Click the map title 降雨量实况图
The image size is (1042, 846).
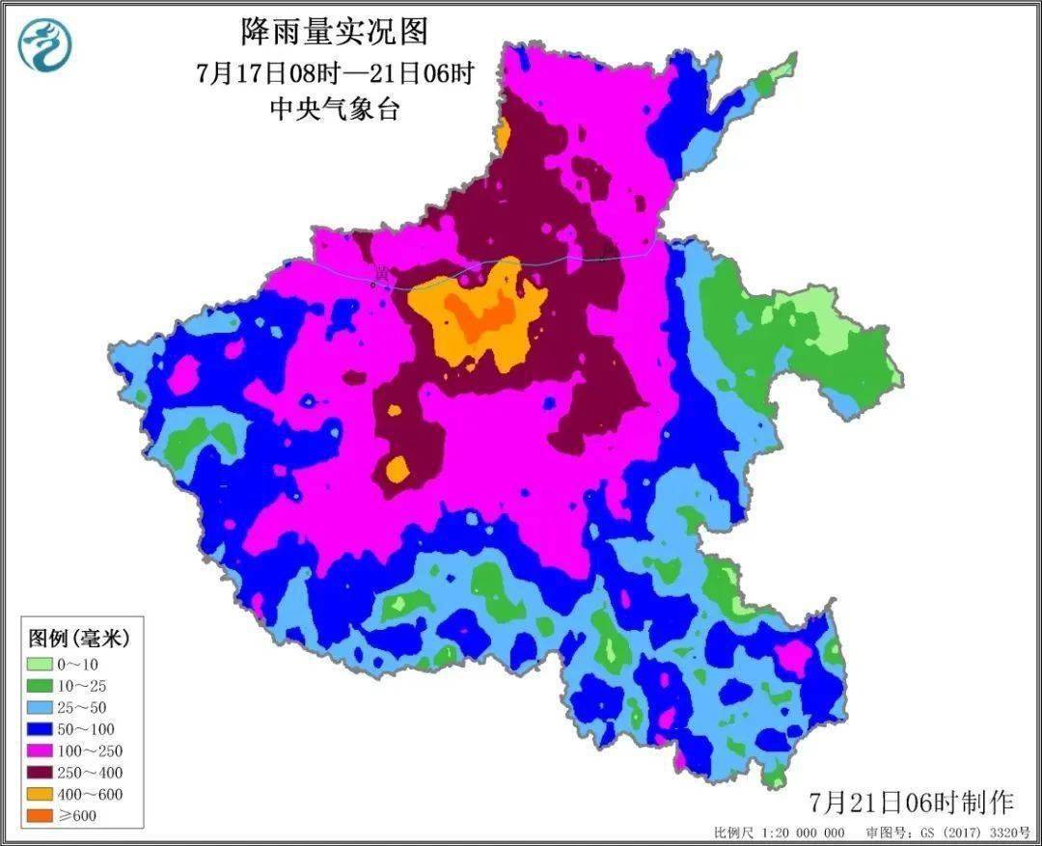(x=333, y=32)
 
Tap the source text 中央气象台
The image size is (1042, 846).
(x=334, y=109)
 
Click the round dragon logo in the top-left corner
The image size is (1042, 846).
(x=45, y=45)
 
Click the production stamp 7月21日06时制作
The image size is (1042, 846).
(x=912, y=802)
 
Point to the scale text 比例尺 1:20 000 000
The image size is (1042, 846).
(x=780, y=832)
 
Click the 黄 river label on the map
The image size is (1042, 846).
(x=383, y=275)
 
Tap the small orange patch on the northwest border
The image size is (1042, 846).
(x=503, y=135)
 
